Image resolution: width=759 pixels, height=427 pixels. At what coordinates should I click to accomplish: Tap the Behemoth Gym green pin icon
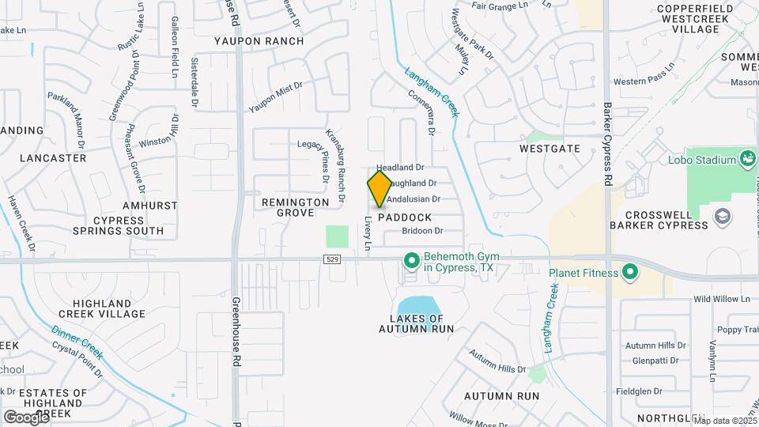point(411,260)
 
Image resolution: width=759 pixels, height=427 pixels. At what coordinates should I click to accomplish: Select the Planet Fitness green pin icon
point(630,274)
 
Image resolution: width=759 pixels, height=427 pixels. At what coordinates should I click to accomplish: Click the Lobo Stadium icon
point(747,159)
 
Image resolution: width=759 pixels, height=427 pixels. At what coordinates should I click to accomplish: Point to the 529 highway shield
point(333,259)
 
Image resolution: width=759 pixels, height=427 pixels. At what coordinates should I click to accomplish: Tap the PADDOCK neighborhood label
point(405,217)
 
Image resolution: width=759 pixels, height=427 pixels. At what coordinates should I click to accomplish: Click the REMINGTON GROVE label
point(296,208)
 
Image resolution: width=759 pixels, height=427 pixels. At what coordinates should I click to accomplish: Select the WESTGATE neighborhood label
point(550,149)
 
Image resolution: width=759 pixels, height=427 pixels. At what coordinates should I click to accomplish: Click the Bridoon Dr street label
point(422,231)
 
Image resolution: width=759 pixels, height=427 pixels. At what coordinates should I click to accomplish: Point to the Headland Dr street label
point(400,168)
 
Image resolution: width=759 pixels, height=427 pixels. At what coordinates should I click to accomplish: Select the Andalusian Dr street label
point(413,199)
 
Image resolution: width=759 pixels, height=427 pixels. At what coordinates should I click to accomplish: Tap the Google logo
point(25,417)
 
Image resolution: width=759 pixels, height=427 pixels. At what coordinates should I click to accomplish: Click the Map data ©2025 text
point(724,421)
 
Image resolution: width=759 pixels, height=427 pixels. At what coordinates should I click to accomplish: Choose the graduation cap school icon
point(722,215)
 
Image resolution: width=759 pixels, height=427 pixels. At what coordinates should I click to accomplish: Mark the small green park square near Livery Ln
point(337,236)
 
